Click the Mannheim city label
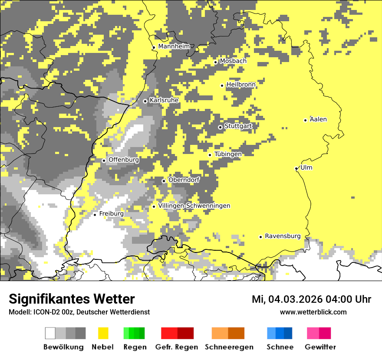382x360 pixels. point(174,46)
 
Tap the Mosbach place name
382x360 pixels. point(233,61)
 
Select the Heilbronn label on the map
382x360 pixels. point(241,85)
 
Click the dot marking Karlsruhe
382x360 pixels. point(145,101)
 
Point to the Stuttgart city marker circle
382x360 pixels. point(220,127)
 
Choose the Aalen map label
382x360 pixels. point(318,119)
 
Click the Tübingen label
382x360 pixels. point(228,154)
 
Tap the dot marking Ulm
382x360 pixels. point(296,168)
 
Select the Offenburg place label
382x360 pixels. point(124,160)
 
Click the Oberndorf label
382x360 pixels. point(184,180)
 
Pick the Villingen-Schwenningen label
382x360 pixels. point(194,206)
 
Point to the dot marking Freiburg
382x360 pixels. point(95,215)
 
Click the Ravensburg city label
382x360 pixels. point(283,236)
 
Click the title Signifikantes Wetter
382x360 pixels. point(72,299)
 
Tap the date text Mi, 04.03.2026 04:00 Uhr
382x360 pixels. point(311,299)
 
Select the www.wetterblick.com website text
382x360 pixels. point(313,312)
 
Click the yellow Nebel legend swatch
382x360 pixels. point(103,333)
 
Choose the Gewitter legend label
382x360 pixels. point(320,347)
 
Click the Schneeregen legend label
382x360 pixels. point(229,347)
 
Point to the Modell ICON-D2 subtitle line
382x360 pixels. point(79,312)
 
